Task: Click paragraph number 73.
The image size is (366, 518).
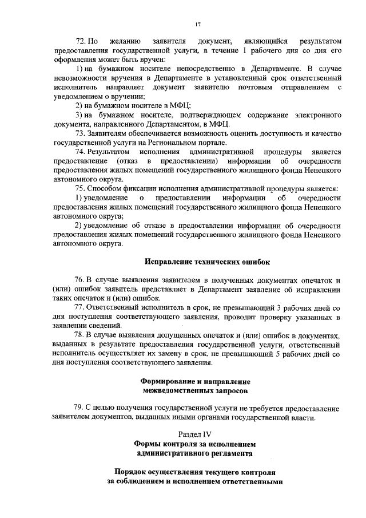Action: click(80, 133)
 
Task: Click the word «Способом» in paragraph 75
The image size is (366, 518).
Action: click(108, 188)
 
